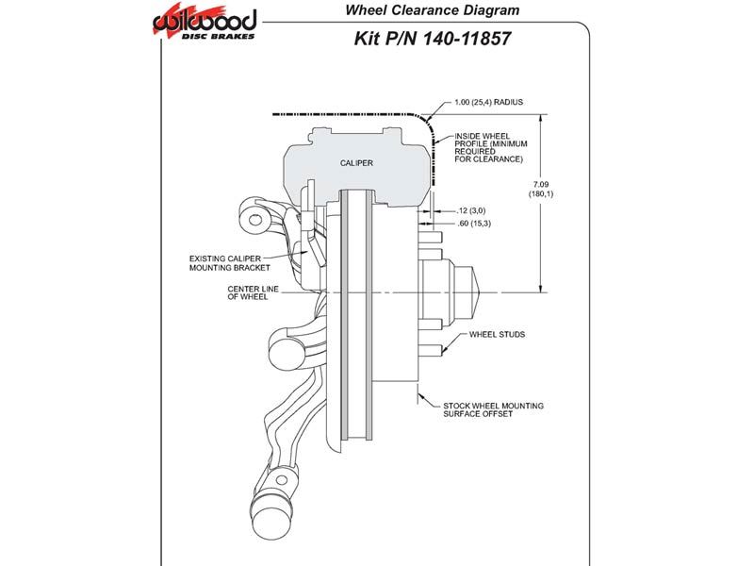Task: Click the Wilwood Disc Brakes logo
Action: (x=204, y=22)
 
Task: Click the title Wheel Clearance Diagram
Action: (x=432, y=10)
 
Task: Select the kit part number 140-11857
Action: (x=466, y=39)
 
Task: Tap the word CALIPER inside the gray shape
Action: (x=356, y=163)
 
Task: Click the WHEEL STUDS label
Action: (x=497, y=335)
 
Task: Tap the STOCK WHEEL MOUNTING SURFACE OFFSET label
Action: (x=493, y=409)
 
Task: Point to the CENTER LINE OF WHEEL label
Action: (x=253, y=292)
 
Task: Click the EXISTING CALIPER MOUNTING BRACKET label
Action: (x=229, y=263)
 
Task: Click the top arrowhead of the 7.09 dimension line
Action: (x=542, y=119)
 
